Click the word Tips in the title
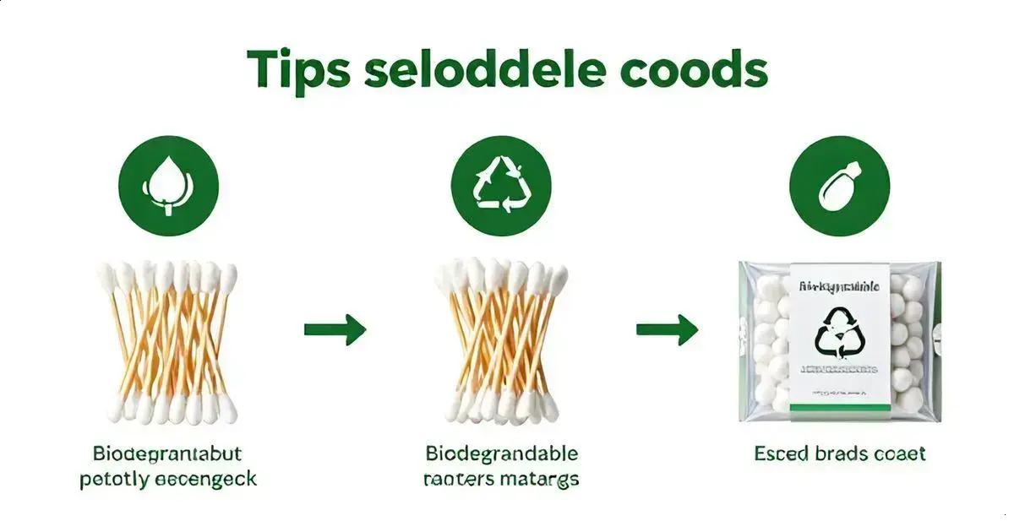tap(298, 70)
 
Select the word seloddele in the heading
tap(485, 70)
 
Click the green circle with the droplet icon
tap(168, 185)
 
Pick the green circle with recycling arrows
tap(501, 185)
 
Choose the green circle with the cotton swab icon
tap(839, 185)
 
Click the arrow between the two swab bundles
tap(335, 328)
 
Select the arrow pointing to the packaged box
tap(667, 328)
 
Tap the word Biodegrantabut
tap(168, 453)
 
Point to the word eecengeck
tap(206, 480)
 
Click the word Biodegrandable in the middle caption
tap(501, 453)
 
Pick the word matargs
tap(541, 480)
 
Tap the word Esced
tap(782, 453)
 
